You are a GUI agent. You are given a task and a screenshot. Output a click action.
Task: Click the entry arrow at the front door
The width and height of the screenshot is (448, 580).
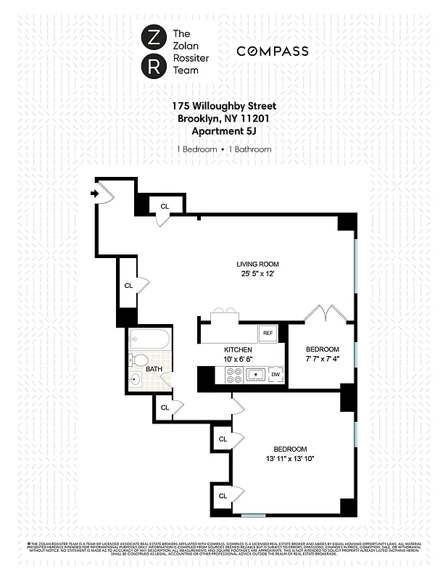[x=95, y=193]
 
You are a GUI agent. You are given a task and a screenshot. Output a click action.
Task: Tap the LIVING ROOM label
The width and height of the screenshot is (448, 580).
[x=257, y=264]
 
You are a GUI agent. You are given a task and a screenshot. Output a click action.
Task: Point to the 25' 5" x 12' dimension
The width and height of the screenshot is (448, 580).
[x=257, y=274]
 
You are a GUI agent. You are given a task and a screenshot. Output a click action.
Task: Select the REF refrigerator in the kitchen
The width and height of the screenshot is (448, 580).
[x=267, y=333]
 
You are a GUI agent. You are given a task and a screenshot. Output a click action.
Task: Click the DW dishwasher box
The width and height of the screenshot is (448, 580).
[x=275, y=374]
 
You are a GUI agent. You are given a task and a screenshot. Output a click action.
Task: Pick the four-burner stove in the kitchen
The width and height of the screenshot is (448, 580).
[x=234, y=374]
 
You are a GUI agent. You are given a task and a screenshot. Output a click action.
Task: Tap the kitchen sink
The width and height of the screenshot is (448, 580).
[x=255, y=374]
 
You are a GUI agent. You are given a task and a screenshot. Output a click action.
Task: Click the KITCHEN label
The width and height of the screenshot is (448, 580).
[x=238, y=349]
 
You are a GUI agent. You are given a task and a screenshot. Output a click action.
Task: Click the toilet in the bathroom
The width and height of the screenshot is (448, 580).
[x=141, y=360]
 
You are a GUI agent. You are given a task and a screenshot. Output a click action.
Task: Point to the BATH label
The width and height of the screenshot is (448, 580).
[x=154, y=369]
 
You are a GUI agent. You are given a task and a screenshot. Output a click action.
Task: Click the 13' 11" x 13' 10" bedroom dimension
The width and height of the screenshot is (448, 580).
[x=290, y=459]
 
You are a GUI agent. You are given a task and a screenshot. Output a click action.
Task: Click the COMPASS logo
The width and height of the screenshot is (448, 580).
[x=273, y=51]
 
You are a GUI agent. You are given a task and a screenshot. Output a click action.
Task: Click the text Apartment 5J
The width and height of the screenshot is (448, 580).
[x=224, y=130]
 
